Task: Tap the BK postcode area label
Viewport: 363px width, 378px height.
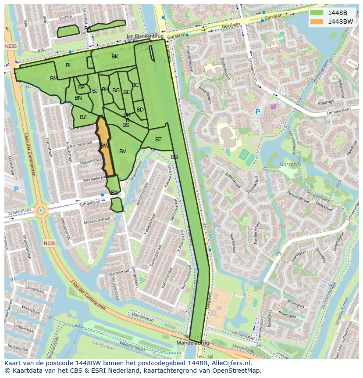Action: pyautogui.click(x=115, y=57)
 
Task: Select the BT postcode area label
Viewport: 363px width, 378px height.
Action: pyautogui.click(x=158, y=140)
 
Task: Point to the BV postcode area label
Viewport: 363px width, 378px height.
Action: pyautogui.click(x=123, y=151)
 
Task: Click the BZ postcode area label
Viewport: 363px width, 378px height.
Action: pyautogui.click(x=83, y=117)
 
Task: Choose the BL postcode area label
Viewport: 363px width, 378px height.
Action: pyautogui.click(x=69, y=65)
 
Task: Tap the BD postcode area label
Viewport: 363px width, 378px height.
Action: pyautogui.click(x=140, y=110)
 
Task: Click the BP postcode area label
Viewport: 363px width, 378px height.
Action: pyautogui.click(x=81, y=87)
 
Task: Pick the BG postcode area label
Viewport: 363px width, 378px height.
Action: pyautogui.click(x=116, y=90)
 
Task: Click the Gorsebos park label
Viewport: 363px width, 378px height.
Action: pyautogui.click(x=289, y=165)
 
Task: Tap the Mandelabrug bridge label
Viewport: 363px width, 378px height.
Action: pyautogui.click(x=193, y=342)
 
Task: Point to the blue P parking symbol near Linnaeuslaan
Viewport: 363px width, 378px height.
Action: pyautogui.click(x=257, y=112)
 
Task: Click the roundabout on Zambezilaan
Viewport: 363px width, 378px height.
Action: pyautogui.click(x=41, y=210)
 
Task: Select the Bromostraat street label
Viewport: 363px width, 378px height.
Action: pyautogui.click(x=80, y=144)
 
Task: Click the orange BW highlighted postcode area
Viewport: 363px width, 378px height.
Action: pyautogui.click(x=105, y=147)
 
